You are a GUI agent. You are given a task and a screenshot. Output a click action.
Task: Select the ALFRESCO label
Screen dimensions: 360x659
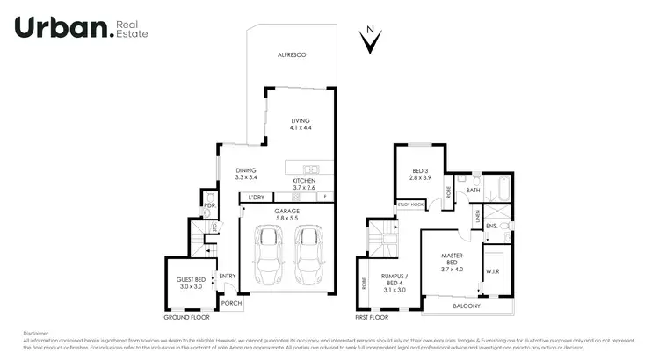pyautogui.click(x=292, y=56)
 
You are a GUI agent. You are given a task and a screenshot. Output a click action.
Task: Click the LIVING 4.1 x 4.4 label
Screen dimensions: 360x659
pyautogui.click(x=301, y=125)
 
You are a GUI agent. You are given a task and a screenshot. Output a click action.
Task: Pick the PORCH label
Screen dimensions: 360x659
pyautogui.click(x=231, y=304)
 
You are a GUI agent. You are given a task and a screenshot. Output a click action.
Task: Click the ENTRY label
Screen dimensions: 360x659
pyautogui.click(x=228, y=276)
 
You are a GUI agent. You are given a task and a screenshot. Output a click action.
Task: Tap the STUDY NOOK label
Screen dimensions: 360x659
pyautogui.click(x=409, y=204)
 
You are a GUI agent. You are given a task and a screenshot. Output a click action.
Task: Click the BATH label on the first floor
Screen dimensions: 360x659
pyautogui.click(x=473, y=190)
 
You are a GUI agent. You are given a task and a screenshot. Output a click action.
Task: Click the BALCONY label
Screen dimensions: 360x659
pyautogui.click(x=467, y=306)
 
